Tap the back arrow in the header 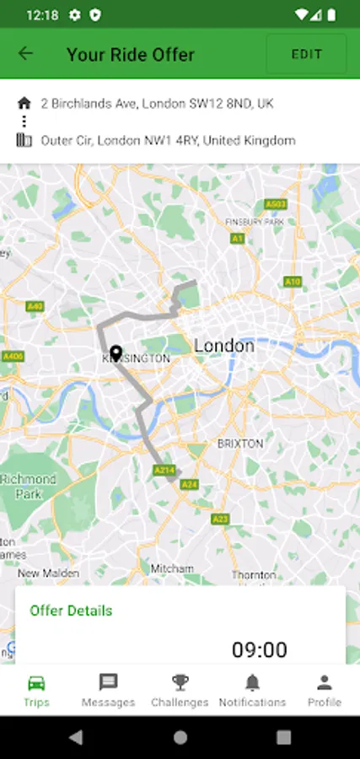pos(25,54)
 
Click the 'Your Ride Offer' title pos(131,55)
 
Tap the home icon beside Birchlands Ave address pos(24,104)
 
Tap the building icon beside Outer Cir pos(24,141)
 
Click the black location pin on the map pos(116,355)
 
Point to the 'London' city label pos(223,346)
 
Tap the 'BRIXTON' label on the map pos(240,443)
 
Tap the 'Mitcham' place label pos(172,569)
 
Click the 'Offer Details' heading pos(71,611)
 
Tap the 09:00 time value pos(259,649)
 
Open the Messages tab pos(108,690)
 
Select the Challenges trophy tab pos(180,690)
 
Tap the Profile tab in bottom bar pos(324,690)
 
